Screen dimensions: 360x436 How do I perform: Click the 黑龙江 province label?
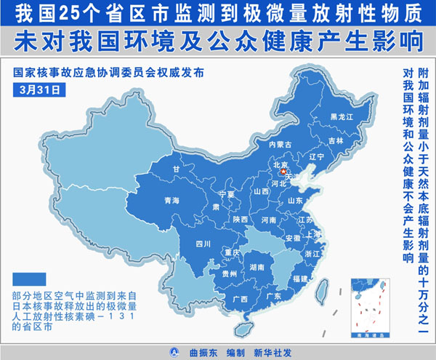click(x=341, y=116)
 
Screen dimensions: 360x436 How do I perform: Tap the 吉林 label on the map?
click(x=335, y=140)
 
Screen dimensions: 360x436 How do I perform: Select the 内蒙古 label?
click(x=280, y=145)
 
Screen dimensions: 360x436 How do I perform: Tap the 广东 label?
click(x=274, y=296)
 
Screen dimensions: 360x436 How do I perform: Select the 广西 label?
click(x=239, y=299)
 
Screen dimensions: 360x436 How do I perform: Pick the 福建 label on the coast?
click(x=299, y=279)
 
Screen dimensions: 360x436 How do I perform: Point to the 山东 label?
click(x=296, y=200)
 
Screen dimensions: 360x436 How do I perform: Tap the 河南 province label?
click(x=269, y=219)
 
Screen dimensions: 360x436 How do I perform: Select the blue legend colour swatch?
click(x=29, y=279)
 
